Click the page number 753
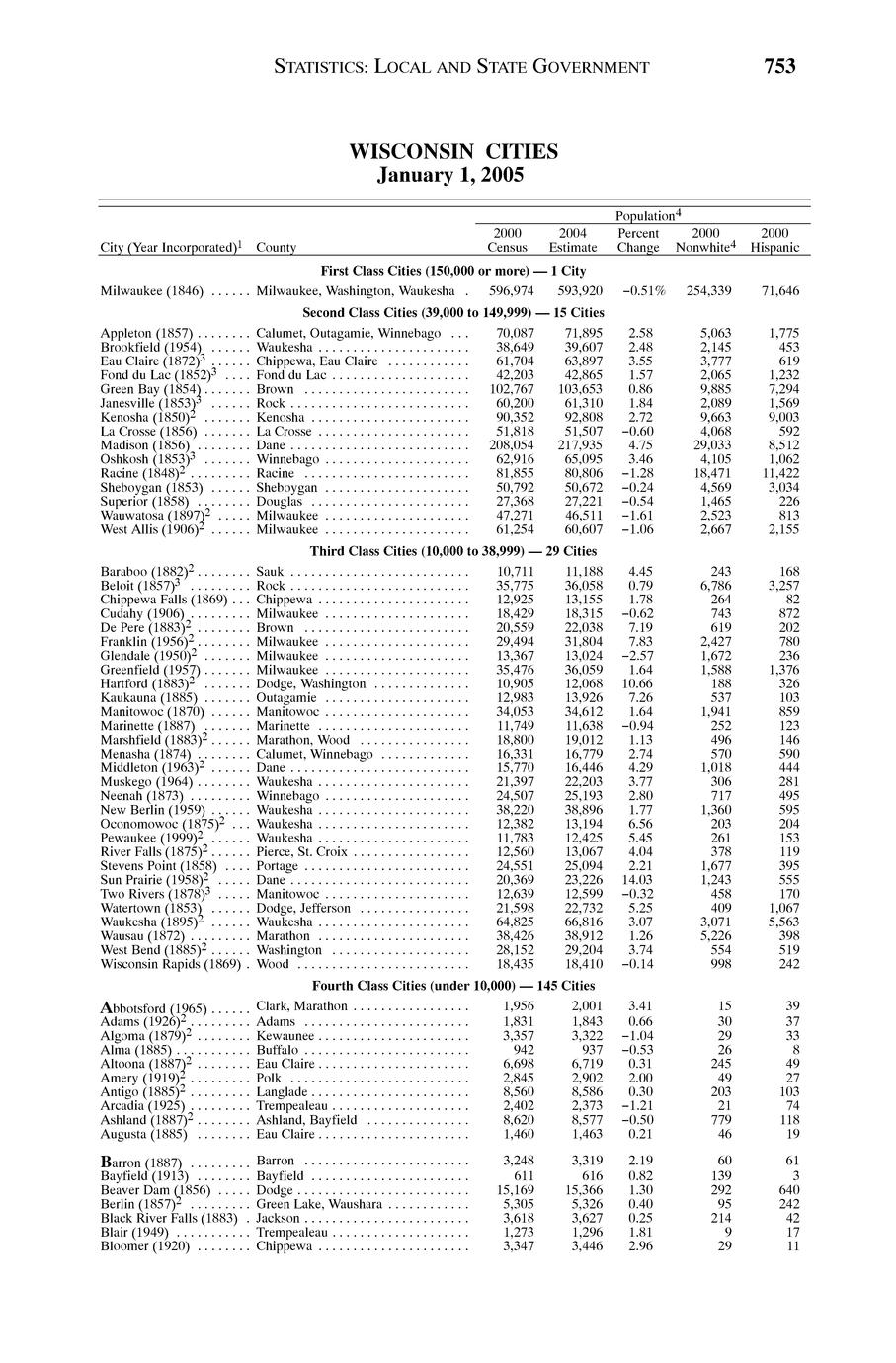pos(778,67)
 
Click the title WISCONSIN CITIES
pos(453,152)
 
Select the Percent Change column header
pos(638,240)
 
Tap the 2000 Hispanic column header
pos(774,240)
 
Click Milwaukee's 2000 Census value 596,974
pos(512,291)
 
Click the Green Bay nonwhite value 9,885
pos(714,389)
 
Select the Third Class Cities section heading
pos(453,551)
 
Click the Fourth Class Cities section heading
pos(453,986)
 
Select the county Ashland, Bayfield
pos(306,1120)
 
